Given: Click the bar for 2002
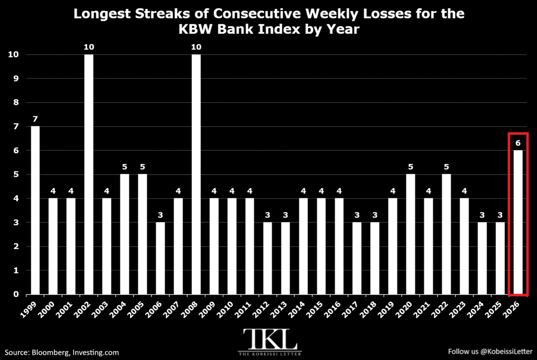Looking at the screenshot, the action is click(x=89, y=175).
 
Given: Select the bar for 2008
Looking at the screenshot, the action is click(x=196, y=175).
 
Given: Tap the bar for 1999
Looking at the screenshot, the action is click(x=35, y=210).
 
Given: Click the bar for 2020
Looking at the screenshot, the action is click(x=411, y=234).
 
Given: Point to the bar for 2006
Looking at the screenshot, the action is click(x=160, y=258).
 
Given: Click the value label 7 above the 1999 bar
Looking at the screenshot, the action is click(x=35, y=119).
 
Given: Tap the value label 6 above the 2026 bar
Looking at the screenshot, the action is click(x=518, y=143).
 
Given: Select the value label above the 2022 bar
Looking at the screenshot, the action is click(x=446, y=167).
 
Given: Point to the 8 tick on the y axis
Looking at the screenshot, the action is click(x=16, y=102).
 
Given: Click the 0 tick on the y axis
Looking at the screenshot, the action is click(x=16, y=294).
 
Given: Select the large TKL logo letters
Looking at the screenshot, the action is click(x=269, y=339).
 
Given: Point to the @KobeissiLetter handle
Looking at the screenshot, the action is click(x=506, y=352).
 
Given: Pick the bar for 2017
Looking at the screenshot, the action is click(x=357, y=258).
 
